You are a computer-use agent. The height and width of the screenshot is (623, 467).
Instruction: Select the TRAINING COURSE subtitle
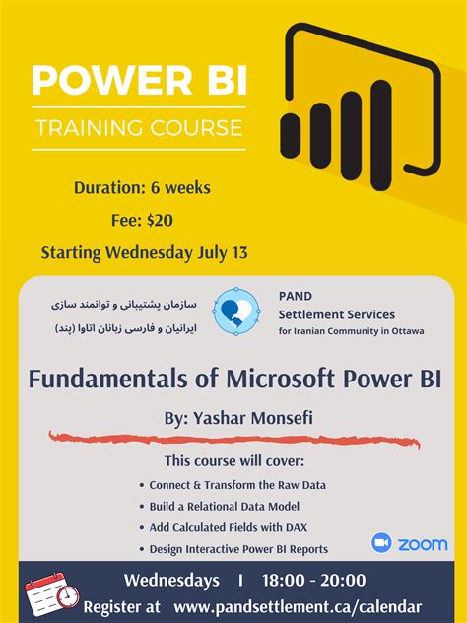(x=139, y=126)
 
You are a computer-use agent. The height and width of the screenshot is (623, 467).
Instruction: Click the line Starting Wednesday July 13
(x=144, y=251)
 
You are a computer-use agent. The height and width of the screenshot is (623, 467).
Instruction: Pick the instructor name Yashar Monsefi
(x=254, y=418)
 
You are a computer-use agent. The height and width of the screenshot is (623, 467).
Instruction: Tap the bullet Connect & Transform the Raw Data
(x=237, y=485)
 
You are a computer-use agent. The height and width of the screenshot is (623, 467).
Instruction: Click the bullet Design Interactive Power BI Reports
(x=238, y=549)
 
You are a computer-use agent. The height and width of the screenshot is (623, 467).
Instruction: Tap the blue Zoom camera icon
(x=382, y=543)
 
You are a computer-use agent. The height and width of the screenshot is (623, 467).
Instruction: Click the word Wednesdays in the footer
(x=171, y=580)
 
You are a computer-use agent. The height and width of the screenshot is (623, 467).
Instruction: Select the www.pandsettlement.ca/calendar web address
(x=296, y=606)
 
